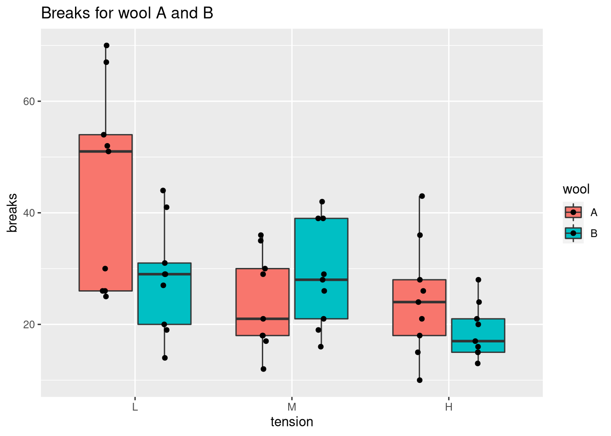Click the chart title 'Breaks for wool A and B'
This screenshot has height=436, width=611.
[x=127, y=14]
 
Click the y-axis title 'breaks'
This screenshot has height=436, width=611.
[x=13, y=213]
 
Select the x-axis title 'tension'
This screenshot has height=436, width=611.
[x=292, y=422]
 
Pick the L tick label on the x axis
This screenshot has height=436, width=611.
[x=135, y=407]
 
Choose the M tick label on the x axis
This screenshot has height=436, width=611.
[x=292, y=407]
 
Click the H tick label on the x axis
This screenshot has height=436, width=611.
[x=449, y=407]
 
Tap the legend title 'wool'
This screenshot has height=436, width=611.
[x=576, y=189]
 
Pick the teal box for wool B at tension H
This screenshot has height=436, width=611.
[x=478, y=335]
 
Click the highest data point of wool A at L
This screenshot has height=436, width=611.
[x=106, y=45]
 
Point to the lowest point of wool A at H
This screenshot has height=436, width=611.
[x=420, y=380]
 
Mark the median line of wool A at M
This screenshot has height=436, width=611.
[x=263, y=319]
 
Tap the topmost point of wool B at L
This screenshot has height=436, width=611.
[x=163, y=190]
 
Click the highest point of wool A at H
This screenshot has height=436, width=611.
[x=422, y=196]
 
